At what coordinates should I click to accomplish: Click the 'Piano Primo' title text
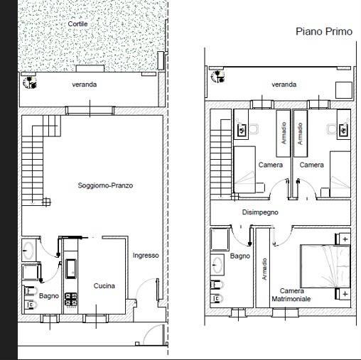323,32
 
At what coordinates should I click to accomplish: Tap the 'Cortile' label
77,24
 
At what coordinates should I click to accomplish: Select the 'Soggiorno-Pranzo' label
106,185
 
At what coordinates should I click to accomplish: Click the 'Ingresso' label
146,256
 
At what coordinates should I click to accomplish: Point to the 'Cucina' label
104,286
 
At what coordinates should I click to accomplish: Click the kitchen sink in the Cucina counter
72,268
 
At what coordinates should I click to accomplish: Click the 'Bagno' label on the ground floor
49,295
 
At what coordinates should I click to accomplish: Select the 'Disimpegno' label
260,212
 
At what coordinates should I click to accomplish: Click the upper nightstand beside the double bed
345,239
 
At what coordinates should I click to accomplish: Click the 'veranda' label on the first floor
284,84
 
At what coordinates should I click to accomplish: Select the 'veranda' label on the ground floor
85,84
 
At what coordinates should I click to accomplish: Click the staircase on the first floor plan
220,156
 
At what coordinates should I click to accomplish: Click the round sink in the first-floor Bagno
216,264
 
